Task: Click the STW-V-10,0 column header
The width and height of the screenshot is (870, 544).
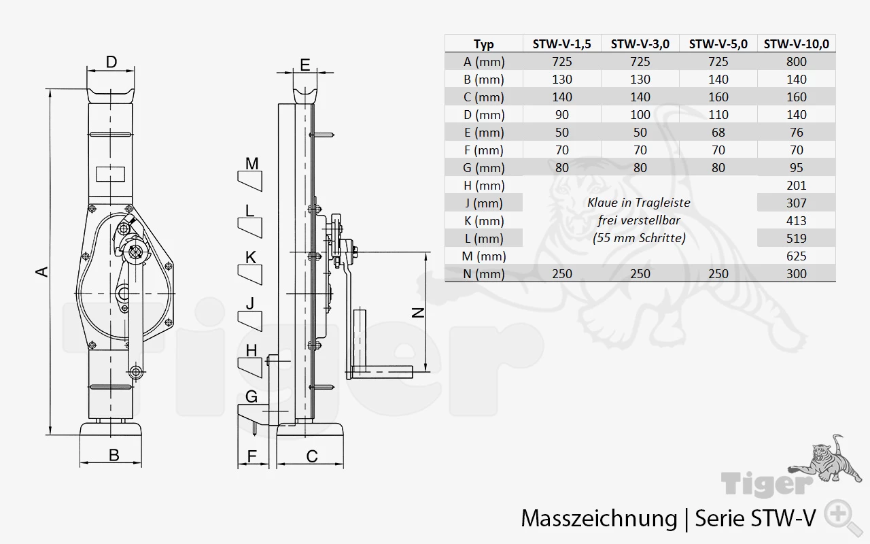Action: (x=796, y=44)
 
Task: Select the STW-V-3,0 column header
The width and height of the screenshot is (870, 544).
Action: (x=640, y=44)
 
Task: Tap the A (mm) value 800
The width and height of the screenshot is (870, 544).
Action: (x=796, y=62)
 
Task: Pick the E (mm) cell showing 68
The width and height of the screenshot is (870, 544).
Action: (x=718, y=133)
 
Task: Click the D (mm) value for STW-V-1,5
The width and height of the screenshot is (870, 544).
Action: (x=562, y=115)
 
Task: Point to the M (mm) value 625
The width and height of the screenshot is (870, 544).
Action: (x=796, y=256)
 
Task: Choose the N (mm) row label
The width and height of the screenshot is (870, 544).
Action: (x=483, y=274)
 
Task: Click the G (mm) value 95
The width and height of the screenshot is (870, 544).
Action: (x=796, y=168)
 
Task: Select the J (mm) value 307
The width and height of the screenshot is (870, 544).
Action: (x=796, y=203)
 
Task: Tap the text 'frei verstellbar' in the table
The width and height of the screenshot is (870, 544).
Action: (x=639, y=220)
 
